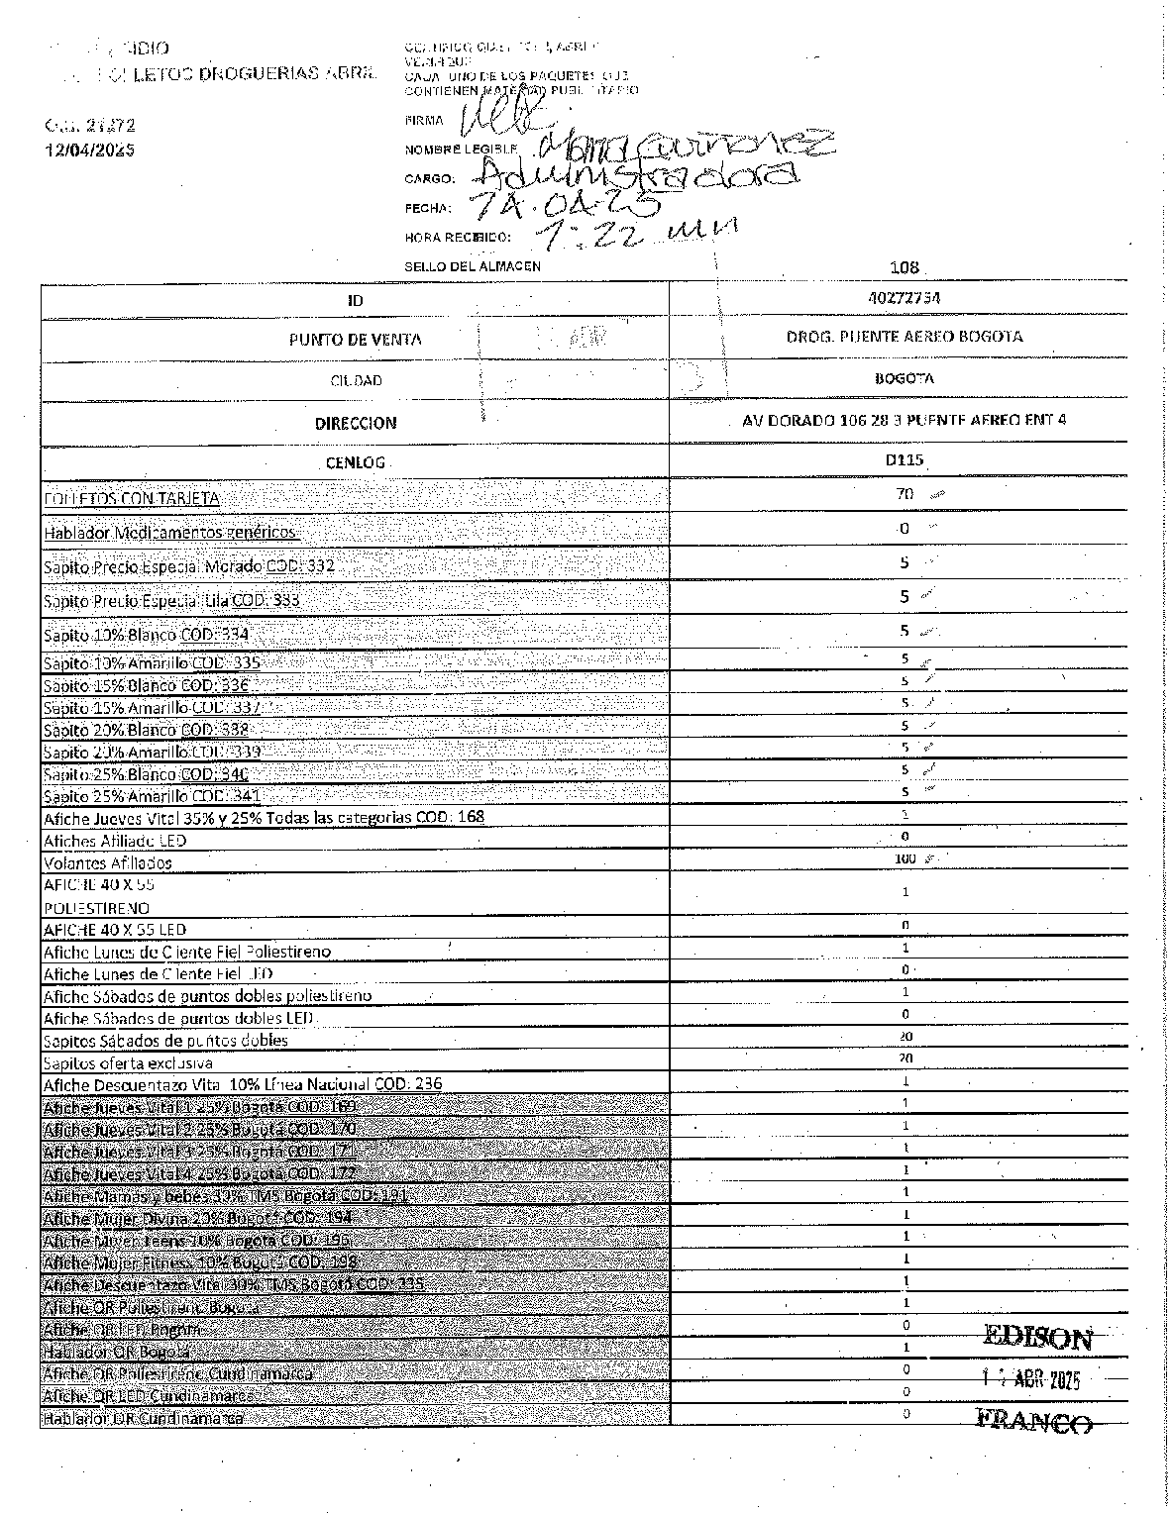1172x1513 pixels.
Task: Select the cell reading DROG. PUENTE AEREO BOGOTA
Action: click(904, 337)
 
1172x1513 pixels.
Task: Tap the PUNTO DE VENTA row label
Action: click(355, 340)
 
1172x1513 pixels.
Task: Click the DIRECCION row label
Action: click(356, 423)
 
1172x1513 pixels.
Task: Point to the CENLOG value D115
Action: click(904, 459)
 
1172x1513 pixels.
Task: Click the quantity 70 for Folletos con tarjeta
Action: click(904, 493)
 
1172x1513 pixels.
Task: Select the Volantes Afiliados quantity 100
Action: click(905, 858)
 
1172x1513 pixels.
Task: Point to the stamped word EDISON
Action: click(1037, 1339)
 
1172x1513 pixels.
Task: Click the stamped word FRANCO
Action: click(1034, 1422)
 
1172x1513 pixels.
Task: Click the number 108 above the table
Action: click(905, 267)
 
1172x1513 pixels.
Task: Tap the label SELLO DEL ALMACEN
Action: click(473, 266)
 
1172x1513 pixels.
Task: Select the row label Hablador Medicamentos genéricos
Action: click(169, 532)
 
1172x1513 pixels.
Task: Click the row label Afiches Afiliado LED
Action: click(115, 841)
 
